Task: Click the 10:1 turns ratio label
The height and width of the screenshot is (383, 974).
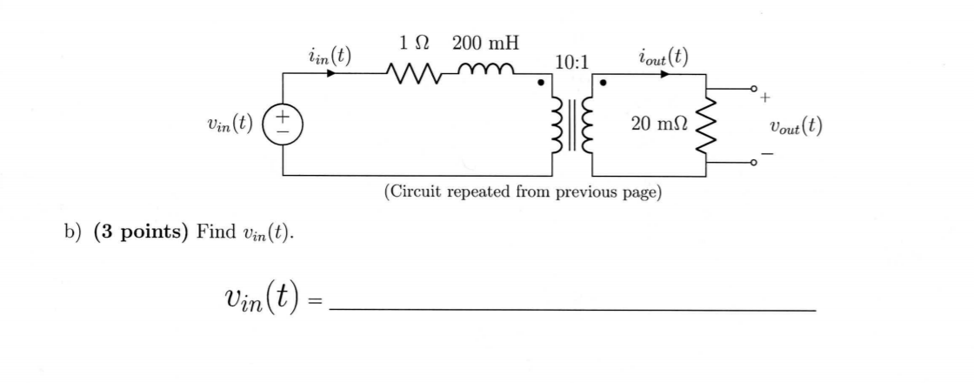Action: tap(570, 62)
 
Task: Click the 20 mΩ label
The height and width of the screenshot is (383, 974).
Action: tap(657, 124)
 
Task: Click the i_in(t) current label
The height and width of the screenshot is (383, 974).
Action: tap(330, 57)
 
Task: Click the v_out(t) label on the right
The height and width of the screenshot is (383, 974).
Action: tap(796, 124)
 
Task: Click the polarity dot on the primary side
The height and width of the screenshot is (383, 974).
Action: tap(541, 84)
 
